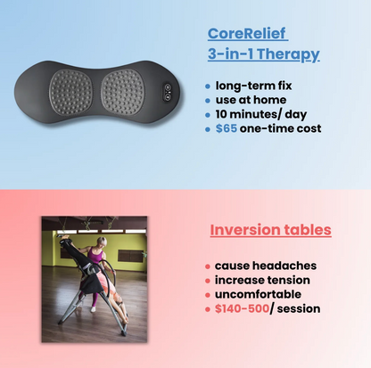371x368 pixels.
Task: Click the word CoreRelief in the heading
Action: pyautogui.click(x=247, y=34)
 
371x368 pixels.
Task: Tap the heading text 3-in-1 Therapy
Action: pyautogui.click(x=263, y=54)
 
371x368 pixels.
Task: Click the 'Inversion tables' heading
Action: pyautogui.click(x=270, y=230)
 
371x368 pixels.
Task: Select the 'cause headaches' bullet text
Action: pyautogui.click(x=265, y=266)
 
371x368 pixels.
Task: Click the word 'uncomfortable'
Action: pyautogui.click(x=259, y=294)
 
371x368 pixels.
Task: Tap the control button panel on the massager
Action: pyautogui.click(x=166, y=91)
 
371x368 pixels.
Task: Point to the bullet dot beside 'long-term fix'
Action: pyautogui.click(x=208, y=87)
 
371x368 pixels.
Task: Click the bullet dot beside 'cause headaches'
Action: pyautogui.click(x=208, y=266)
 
